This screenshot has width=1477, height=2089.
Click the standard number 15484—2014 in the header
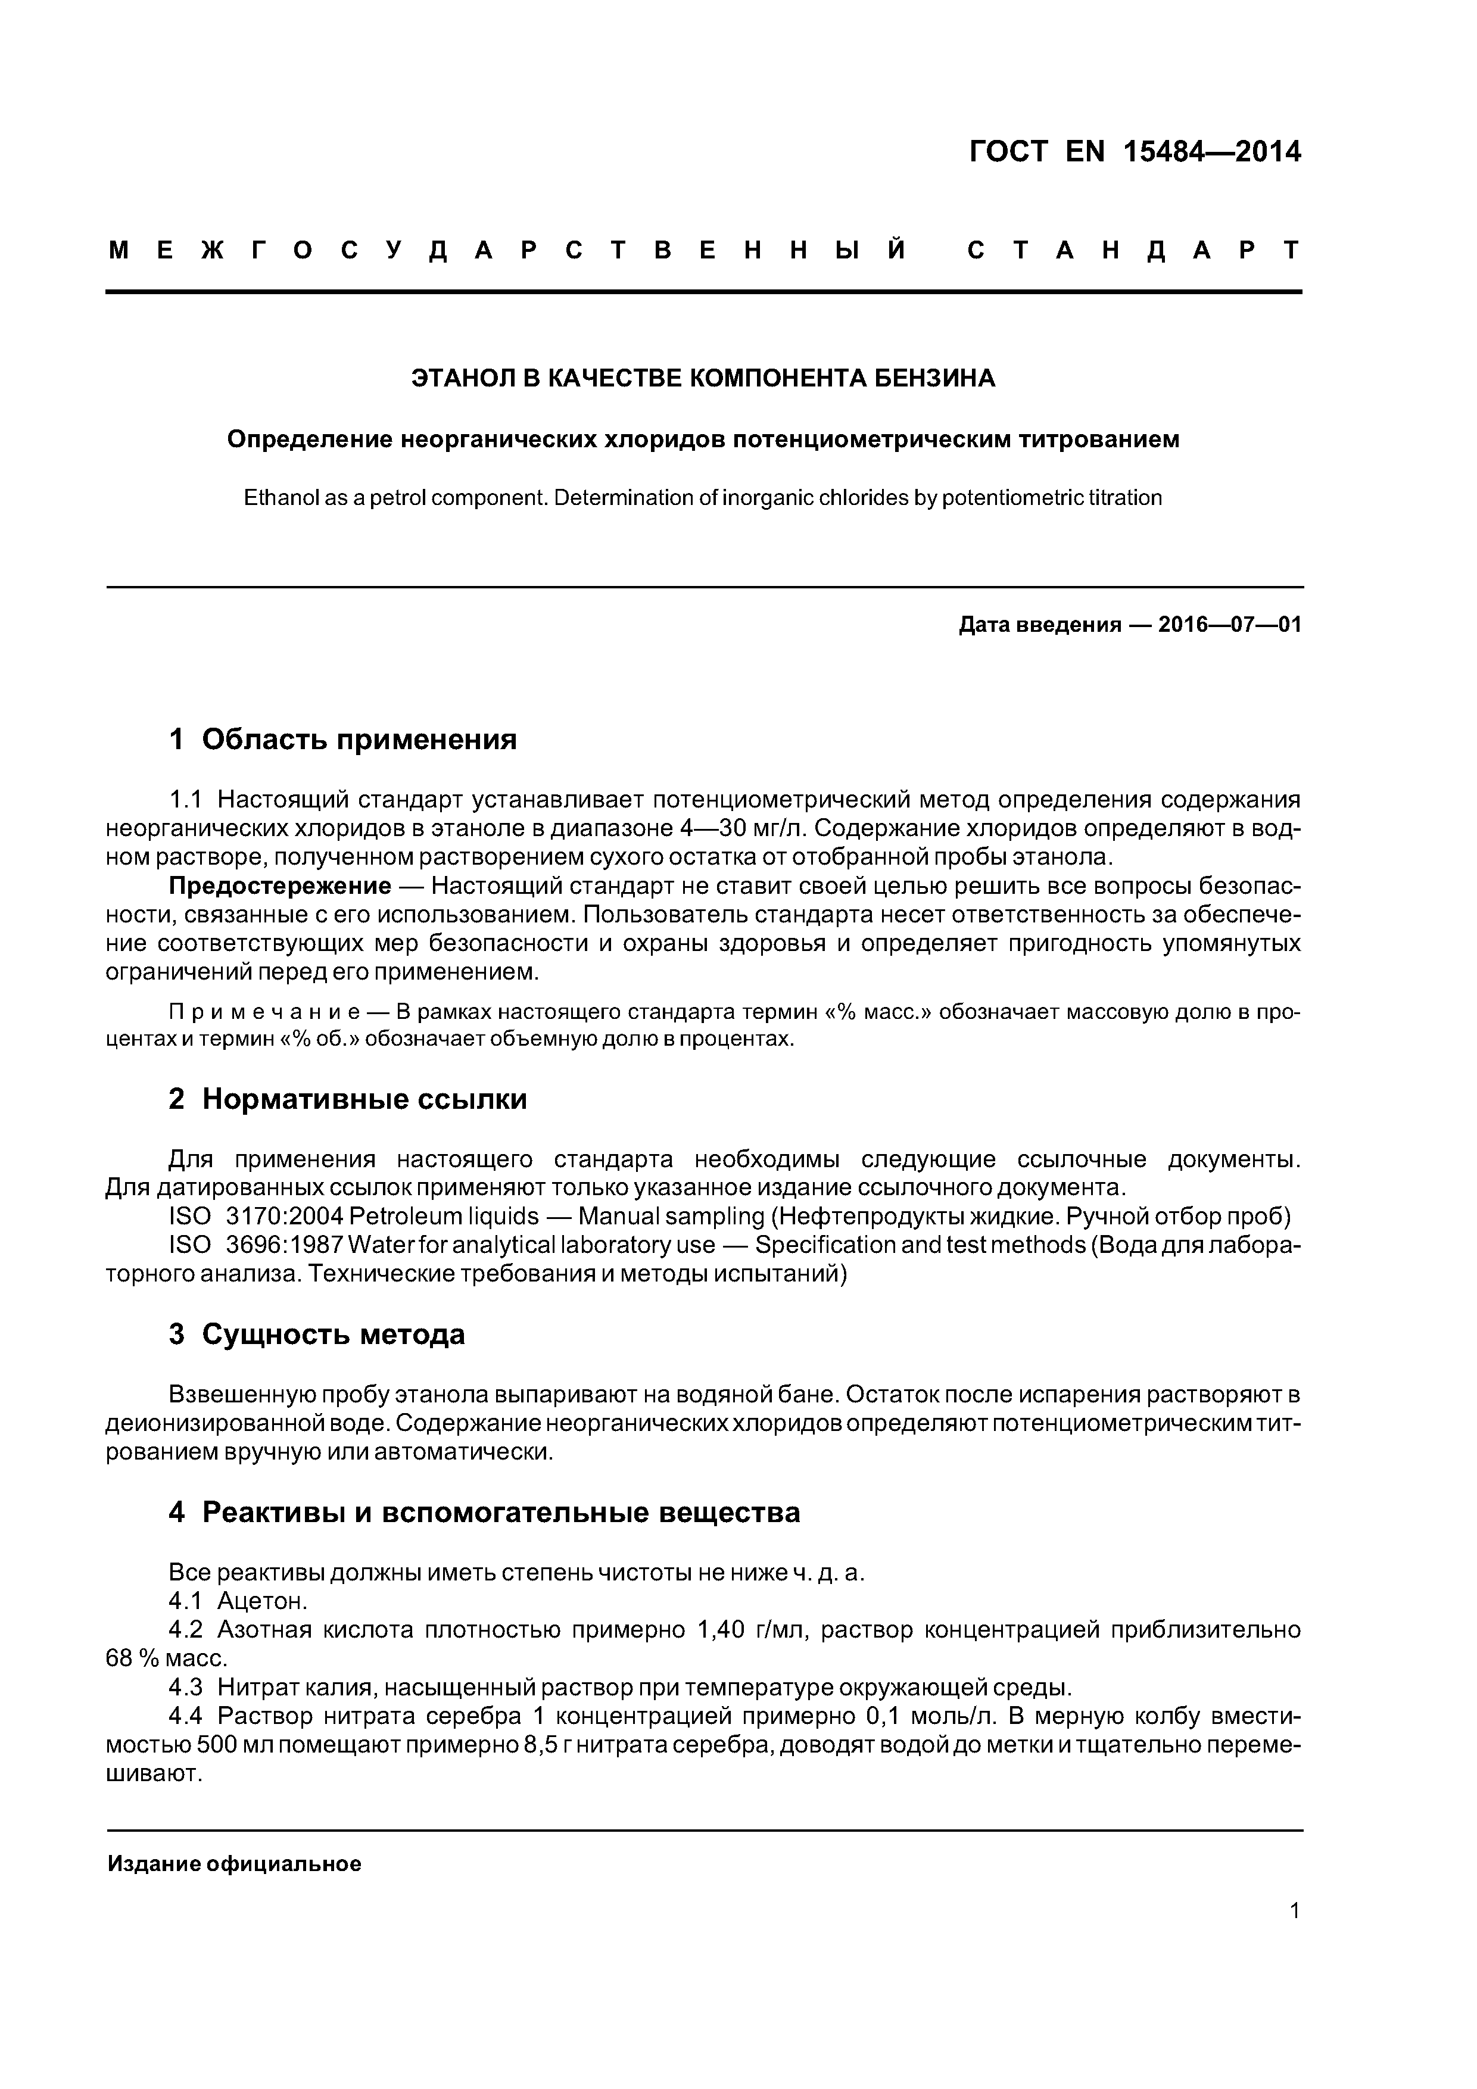1211,151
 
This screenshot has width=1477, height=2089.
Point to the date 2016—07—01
1229,625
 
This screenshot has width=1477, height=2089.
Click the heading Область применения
359,739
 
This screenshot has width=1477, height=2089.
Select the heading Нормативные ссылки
364,1099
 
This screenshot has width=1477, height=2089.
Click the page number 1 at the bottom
1295,1911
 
